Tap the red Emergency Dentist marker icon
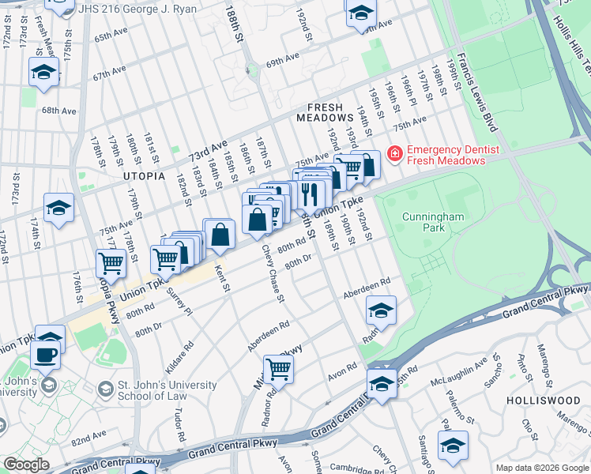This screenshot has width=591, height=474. pyautogui.click(x=394, y=154)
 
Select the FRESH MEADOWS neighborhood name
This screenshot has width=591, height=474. pyautogui.click(x=319, y=112)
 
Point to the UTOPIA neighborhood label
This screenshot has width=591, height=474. pyautogui.click(x=145, y=176)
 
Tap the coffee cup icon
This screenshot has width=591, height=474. pyautogui.click(x=46, y=355)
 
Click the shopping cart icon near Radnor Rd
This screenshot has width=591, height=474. pyautogui.click(x=278, y=368)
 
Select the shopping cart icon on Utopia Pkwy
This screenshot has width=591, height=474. pyautogui.click(x=111, y=262)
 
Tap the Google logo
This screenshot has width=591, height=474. pyautogui.click(x=26, y=465)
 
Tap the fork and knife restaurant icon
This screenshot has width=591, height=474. pyautogui.click(x=311, y=193)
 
